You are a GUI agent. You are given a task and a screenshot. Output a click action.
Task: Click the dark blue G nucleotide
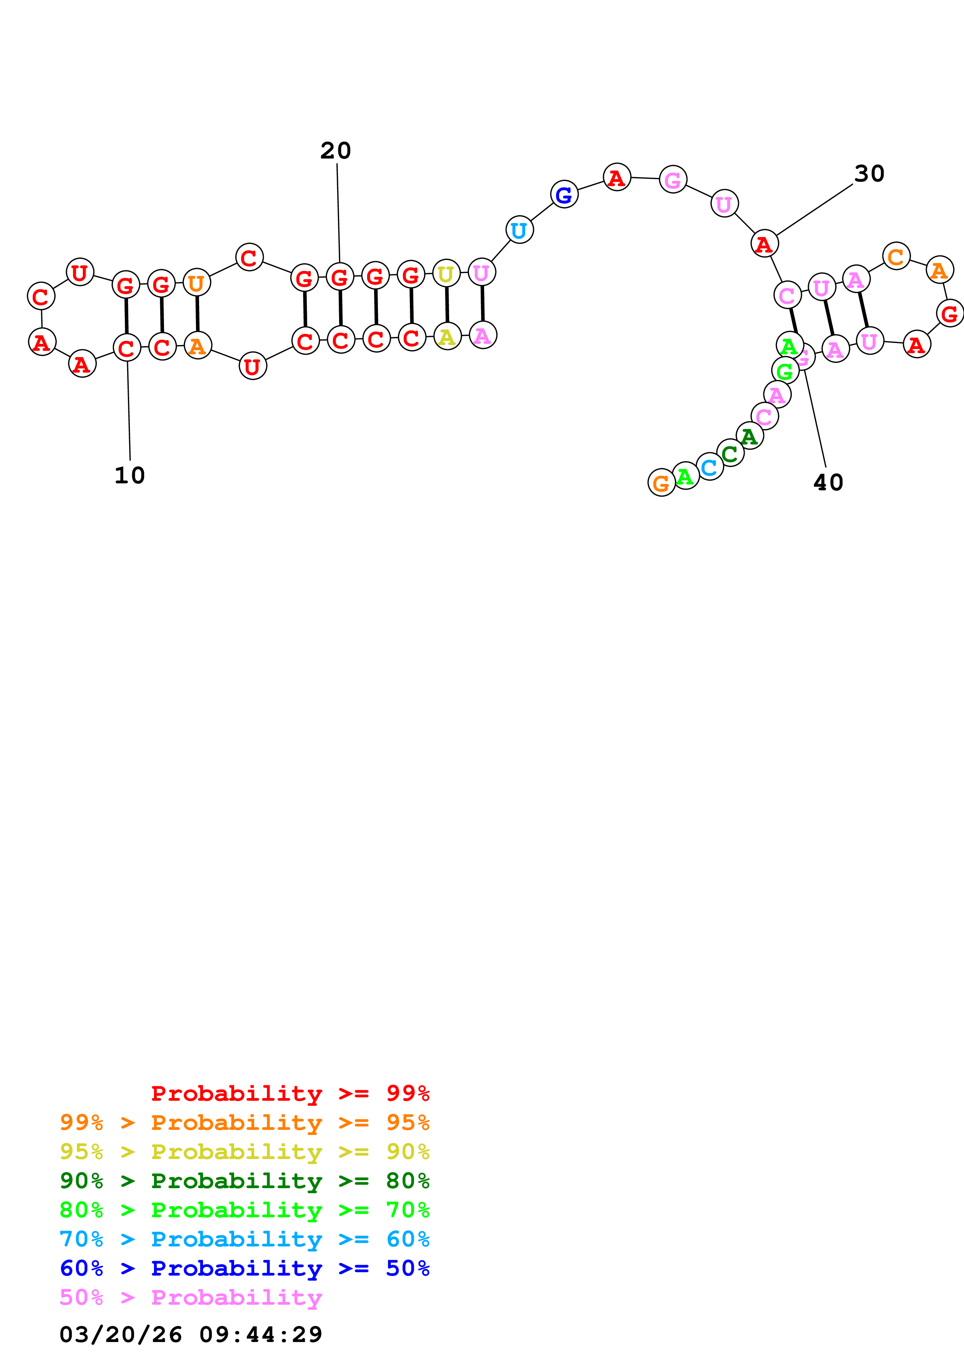tap(564, 194)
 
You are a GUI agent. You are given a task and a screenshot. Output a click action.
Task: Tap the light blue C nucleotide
tap(709, 467)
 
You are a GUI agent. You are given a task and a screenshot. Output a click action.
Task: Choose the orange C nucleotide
tap(896, 256)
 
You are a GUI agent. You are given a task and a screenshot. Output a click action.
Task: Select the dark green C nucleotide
tap(730, 453)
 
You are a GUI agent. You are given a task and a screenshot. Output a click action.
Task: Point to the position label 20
tap(336, 151)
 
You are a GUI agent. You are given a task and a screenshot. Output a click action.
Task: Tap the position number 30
tap(869, 174)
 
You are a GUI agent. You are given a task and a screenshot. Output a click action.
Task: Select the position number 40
tap(828, 483)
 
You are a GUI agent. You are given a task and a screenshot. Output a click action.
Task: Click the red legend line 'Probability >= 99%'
tap(290, 1093)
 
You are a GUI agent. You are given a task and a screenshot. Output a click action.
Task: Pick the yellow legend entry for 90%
tap(244, 1151)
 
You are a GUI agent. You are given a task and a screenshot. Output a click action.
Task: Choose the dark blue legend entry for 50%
tap(244, 1268)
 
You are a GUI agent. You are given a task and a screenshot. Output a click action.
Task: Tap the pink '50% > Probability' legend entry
tap(191, 1297)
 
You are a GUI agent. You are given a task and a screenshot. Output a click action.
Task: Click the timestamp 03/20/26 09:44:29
tap(191, 1334)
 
